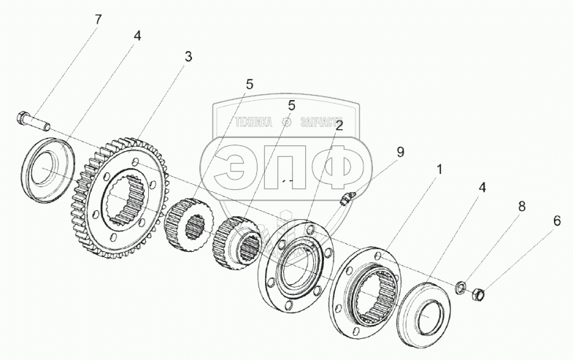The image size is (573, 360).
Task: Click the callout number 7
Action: [x=98, y=19]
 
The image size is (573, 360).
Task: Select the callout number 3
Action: [x=188, y=58]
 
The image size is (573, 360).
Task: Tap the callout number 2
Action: [x=339, y=126]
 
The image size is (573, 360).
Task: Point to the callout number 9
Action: [x=399, y=152]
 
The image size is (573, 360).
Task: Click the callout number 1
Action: [x=439, y=169]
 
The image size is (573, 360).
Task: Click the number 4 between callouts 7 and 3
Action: [x=137, y=35]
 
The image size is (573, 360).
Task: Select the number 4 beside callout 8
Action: [x=482, y=188]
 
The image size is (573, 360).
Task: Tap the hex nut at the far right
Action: [x=478, y=296]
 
